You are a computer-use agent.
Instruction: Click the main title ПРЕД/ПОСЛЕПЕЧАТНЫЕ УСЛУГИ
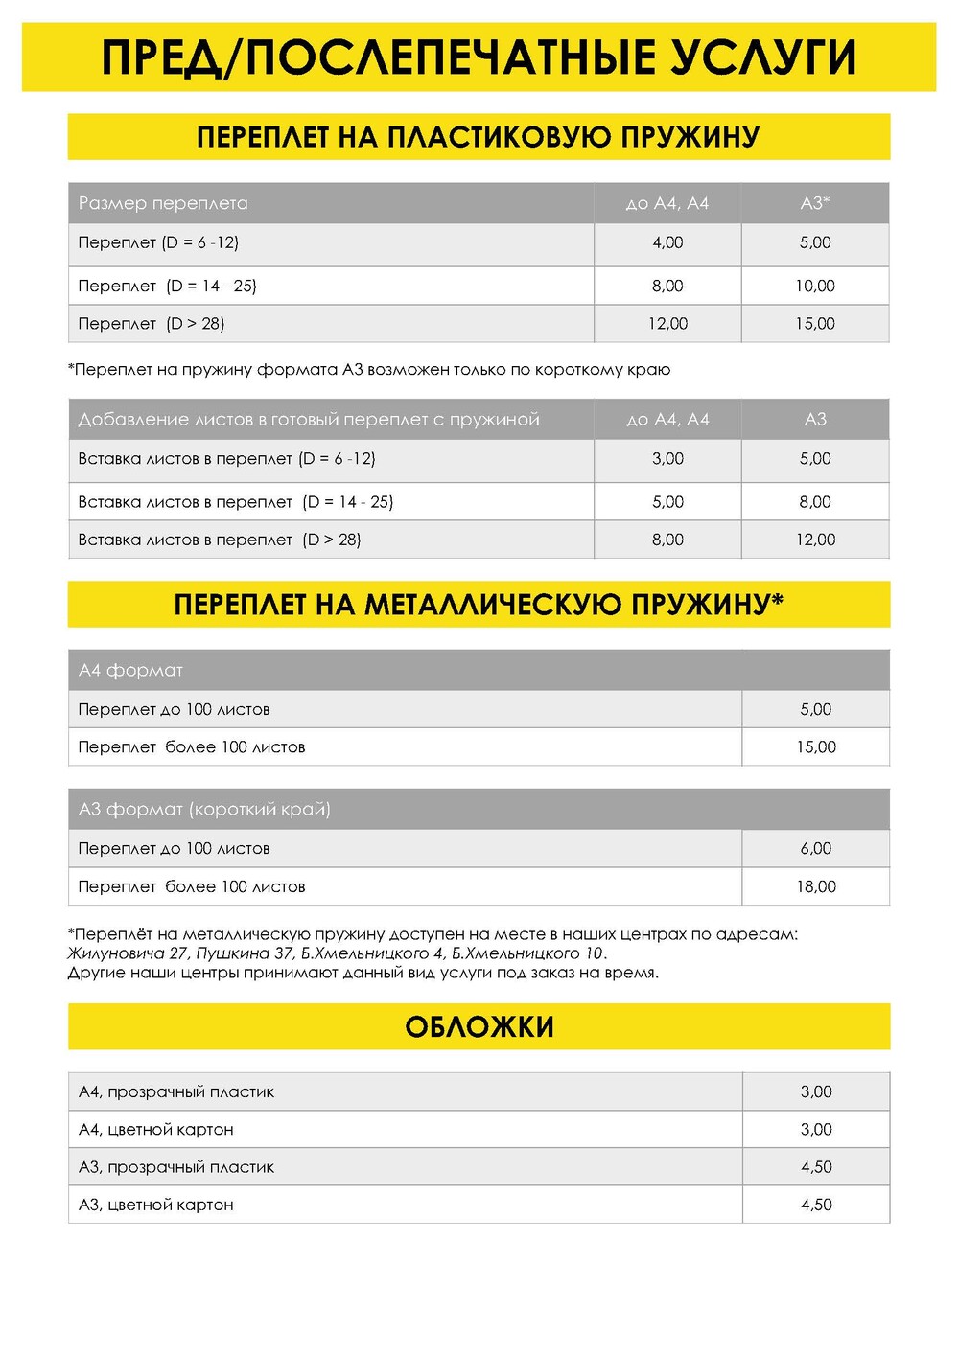pyautogui.click(x=479, y=57)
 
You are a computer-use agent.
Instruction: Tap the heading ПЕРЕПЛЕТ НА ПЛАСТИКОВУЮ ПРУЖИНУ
pyautogui.click(x=479, y=137)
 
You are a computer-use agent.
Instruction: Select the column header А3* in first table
pyautogui.click(x=815, y=203)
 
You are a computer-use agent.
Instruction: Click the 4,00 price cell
pyautogui.click(x=667, y=242)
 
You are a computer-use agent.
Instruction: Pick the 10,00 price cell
pyautogui.click(x=815, y=286)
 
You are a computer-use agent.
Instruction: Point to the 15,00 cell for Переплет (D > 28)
pyautogui.click(x=815, y=324)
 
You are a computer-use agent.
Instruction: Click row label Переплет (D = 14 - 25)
pyautogui.click(x=168, y=286)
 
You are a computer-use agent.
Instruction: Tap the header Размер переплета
pyautogui.click(x=163, y=203)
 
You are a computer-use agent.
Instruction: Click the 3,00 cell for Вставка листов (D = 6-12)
pyautogui.click(x=667, y=458)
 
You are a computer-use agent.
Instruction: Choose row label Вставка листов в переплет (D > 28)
pyautogui.click(x=220, y=540)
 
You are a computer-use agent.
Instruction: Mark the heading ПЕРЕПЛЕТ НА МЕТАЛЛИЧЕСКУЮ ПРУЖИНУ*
pyautogui.click(x=479, y=605)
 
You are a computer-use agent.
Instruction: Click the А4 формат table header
pyautogui.click(x=130, y=670)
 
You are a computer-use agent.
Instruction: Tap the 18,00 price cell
pyautogui.click(x=816, y=886)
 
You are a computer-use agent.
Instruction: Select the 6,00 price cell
pyautogui.click(x=816, y=848)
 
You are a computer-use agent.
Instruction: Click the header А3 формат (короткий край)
pyautogui.click(x=204, y=809)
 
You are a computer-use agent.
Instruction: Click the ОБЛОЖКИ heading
pyautogui.click(x=479, y=1027)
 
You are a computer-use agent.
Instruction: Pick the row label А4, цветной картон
pyautogui.click(x=156, y=1129)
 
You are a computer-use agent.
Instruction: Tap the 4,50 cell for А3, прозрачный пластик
pyautogui.click(x=816, y=1167)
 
